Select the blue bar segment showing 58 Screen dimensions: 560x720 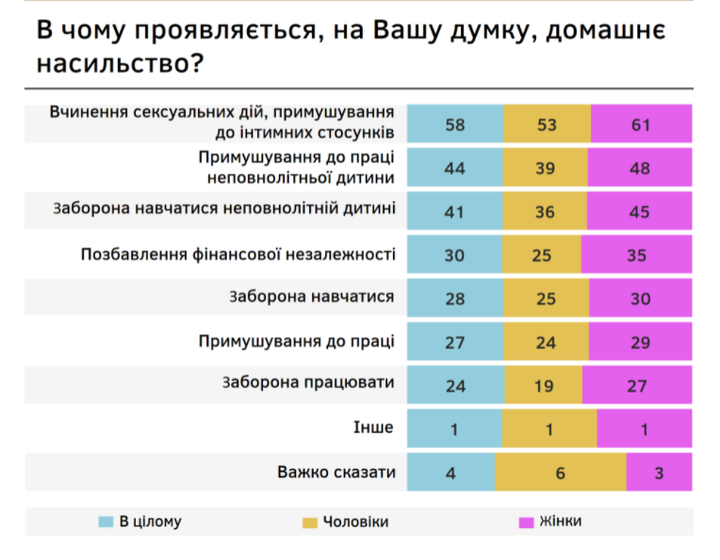coord(455,124)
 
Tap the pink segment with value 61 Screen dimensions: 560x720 coord(642,124)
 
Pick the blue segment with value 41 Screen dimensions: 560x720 coord(455,212)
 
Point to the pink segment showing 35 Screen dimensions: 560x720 coord(637,255)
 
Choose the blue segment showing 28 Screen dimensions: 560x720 coord(455,298)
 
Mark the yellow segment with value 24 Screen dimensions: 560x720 coord(546,342)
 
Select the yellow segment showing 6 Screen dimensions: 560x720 coord(560,472)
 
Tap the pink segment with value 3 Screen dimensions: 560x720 coord(659,472)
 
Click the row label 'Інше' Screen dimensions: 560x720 coord(375,427)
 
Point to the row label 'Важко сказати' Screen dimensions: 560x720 coord(336,472)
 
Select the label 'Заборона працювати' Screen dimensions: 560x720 coord(308,383)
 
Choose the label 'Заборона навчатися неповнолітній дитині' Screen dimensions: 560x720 coord(223,210)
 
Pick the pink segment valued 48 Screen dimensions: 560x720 coord(640,168)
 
